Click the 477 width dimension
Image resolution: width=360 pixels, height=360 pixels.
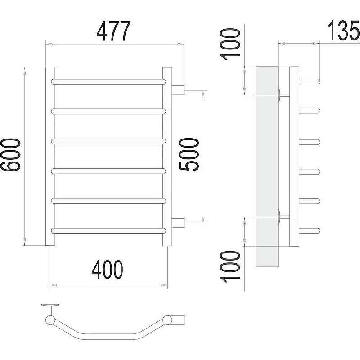coord(113,31)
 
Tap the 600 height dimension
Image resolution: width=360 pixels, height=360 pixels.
coord(10,155)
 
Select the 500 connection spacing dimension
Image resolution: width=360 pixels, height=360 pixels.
coord(188,154)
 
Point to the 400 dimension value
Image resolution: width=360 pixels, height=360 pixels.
coord(107,270)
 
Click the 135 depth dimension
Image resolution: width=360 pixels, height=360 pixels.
coord(343,30)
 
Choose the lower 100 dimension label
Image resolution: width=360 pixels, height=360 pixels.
coord(230,266)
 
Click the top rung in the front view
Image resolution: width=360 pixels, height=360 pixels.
coord(108,81)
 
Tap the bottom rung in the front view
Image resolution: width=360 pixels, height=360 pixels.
coord(108,230)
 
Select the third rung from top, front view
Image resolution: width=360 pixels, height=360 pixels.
coord(108,141)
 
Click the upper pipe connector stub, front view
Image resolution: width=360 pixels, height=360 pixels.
coord(178,90)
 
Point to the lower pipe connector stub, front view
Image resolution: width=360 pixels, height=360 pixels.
coord(178,223)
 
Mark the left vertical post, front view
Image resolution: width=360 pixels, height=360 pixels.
coord(50,157)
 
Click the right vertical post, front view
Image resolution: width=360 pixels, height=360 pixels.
coord(167,157)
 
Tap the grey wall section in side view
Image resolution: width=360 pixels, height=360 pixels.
coord(267,166)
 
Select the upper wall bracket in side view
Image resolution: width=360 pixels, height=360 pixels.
coord(284,94)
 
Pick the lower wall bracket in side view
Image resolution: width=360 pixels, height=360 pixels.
coord(284,217)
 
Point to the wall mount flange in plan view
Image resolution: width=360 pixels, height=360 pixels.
coord(50,305)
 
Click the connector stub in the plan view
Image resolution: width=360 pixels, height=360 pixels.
coord(178,320)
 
